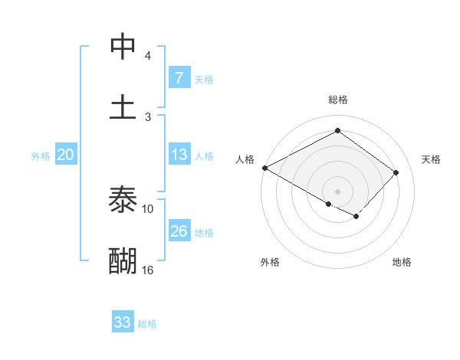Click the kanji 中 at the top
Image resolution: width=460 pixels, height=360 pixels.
[x=123, y=46]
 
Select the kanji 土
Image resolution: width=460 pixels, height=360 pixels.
[x=123, y=106]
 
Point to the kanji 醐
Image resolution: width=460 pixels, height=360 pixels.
[x=123, y=260]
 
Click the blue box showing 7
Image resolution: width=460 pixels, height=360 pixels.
[x=179, y=78]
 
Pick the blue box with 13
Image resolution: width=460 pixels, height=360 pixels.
[x=179, y=155]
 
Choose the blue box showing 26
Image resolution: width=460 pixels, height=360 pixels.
[x=179, y=231]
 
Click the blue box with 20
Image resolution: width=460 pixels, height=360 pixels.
[x=65, y=155]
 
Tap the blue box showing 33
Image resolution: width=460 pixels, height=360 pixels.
[x=123, y=322]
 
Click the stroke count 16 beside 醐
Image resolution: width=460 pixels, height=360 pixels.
[x=148, y=270]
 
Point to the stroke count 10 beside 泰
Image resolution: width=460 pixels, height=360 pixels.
[x=148, y=208]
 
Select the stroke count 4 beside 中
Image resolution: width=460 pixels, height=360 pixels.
[x=148, y=55]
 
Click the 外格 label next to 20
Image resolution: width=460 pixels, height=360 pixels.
[x=41, y=155]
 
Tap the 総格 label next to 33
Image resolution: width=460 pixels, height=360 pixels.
[x=147, y=323]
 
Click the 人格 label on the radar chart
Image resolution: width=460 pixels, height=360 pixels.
[x=245, y=159]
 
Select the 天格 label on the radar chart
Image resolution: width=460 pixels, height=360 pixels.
[x=431, y=159]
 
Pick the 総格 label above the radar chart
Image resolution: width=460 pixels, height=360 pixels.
[x=337, y=100]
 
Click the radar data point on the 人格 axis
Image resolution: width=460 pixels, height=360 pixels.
[x=264, y=168]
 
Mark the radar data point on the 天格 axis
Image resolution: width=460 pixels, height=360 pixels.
[x=396, y=172]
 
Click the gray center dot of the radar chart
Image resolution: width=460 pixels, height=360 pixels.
[x=337, y=191]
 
